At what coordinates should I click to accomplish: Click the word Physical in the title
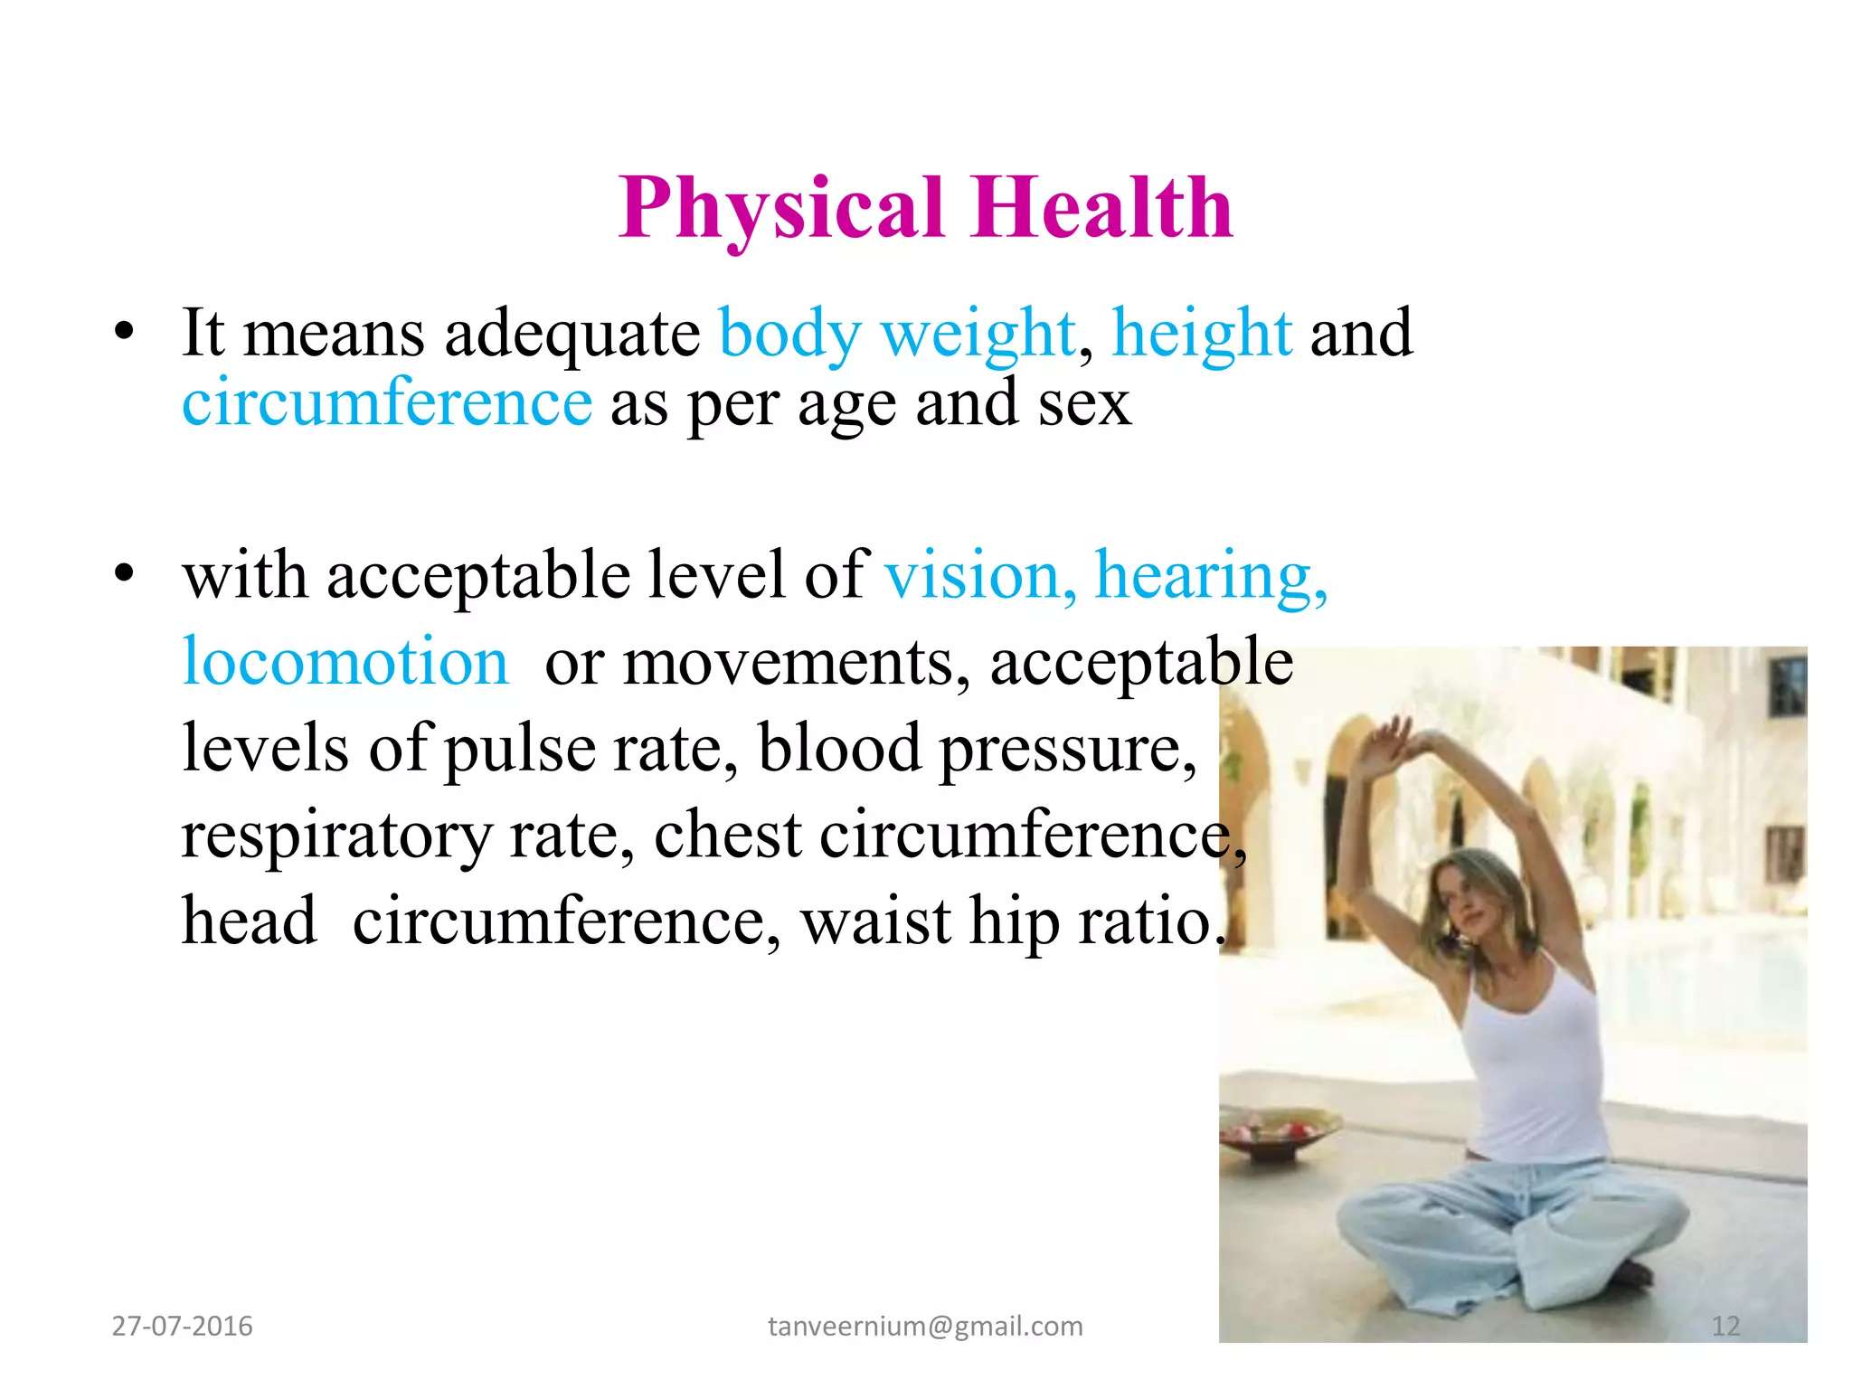tap(781, 209)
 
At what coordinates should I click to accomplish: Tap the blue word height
tap(1202, 333)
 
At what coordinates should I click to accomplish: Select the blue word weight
tap(978, 335)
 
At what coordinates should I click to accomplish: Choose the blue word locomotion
tap(345, 661)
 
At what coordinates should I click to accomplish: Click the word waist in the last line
tap(875, 921)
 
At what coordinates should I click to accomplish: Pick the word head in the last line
tap(250, 921)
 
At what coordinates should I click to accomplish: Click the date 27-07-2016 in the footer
tap(182, 1326)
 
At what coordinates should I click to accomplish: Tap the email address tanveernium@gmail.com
tap(925, 1326)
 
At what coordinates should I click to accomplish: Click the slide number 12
tap(1725, 1326)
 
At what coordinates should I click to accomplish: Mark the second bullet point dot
tap(124, 573)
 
